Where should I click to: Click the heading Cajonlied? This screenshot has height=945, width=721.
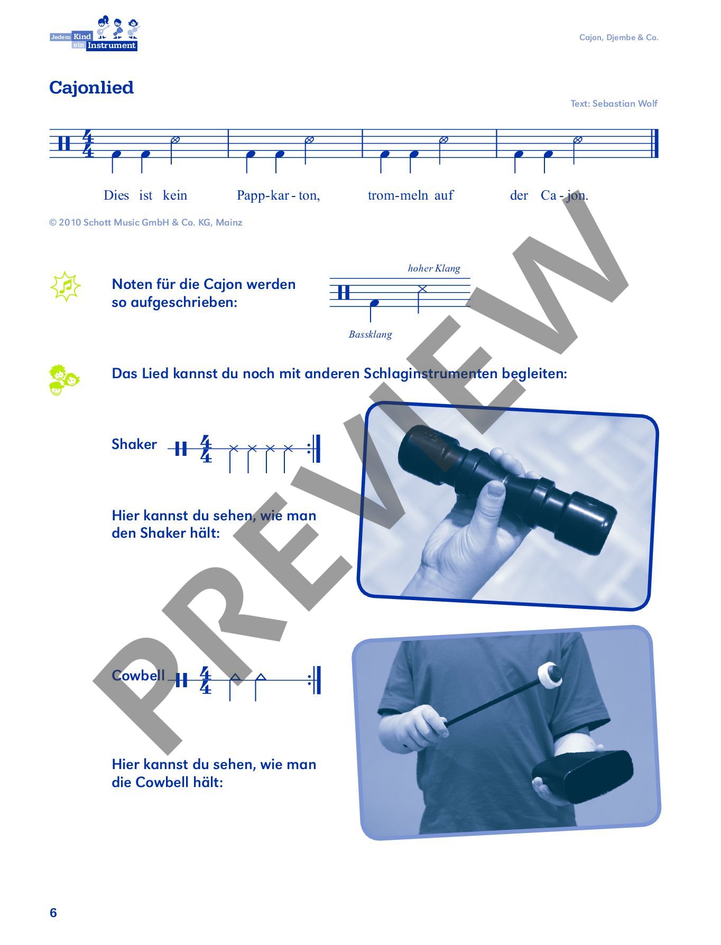click(91, 88)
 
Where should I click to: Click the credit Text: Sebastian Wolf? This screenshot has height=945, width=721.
click(614, 104)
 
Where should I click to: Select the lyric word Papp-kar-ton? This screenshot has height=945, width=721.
click(278, 195)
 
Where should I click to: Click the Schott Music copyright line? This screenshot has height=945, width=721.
click(146, 222)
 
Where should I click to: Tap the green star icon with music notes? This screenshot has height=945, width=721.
click(66, 286)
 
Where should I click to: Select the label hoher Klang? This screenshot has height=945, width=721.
click(434, 268)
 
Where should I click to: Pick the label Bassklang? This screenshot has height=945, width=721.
click(371, 334)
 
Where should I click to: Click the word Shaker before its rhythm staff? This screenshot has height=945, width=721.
click(134, 444)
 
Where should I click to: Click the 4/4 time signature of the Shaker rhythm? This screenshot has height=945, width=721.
click(206, 449)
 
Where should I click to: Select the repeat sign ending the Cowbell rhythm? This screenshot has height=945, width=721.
click(315, 680)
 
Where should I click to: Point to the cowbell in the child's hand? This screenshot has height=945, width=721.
click(583, 775)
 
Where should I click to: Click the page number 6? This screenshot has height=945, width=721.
click(53, 913)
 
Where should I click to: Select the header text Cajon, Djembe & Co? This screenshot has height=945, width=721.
click(619, 38)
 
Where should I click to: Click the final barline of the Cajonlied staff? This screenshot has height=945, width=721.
click(655, 143)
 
